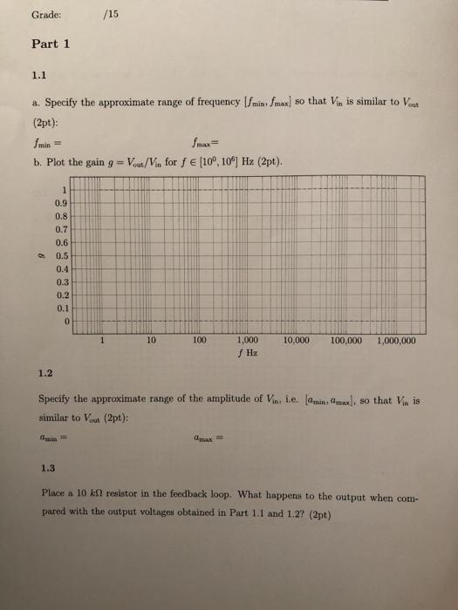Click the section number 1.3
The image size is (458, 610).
49,466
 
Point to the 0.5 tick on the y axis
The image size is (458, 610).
62,256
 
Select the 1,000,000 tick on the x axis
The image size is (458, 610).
396,342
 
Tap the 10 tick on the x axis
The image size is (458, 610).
151,342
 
